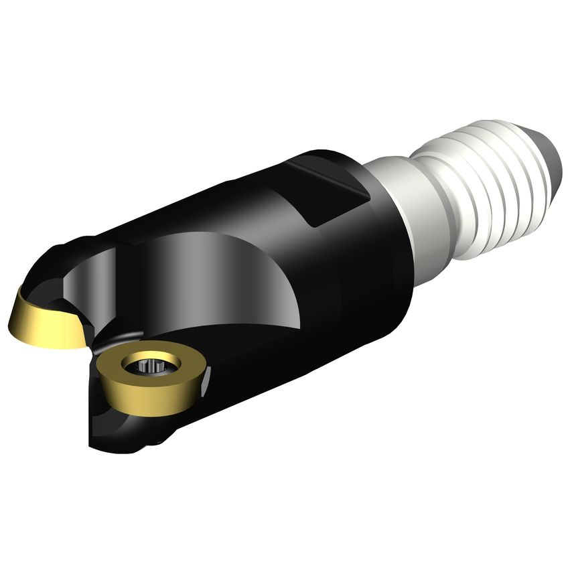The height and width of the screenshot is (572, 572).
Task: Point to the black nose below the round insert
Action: tap(127, 429)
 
